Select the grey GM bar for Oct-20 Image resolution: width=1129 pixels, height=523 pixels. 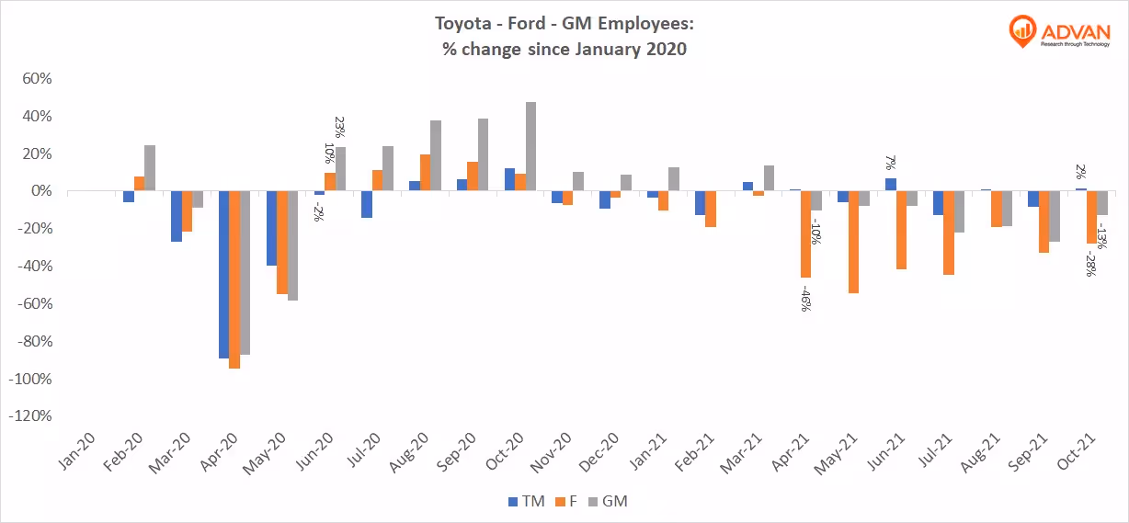pos(530,147)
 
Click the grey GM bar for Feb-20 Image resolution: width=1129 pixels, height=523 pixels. pos(150,168)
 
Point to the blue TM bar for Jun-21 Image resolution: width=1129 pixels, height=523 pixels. pos(890,185)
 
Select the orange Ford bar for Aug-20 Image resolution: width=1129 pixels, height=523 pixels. pos(425,173)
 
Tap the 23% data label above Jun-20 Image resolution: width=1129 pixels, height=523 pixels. pos(340,128)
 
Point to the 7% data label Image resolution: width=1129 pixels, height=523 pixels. pos(890,163)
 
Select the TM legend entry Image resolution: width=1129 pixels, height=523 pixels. pos(526,501)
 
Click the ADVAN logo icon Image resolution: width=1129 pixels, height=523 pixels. pos(1021,31)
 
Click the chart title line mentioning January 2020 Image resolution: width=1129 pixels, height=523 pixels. pos(564,50)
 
